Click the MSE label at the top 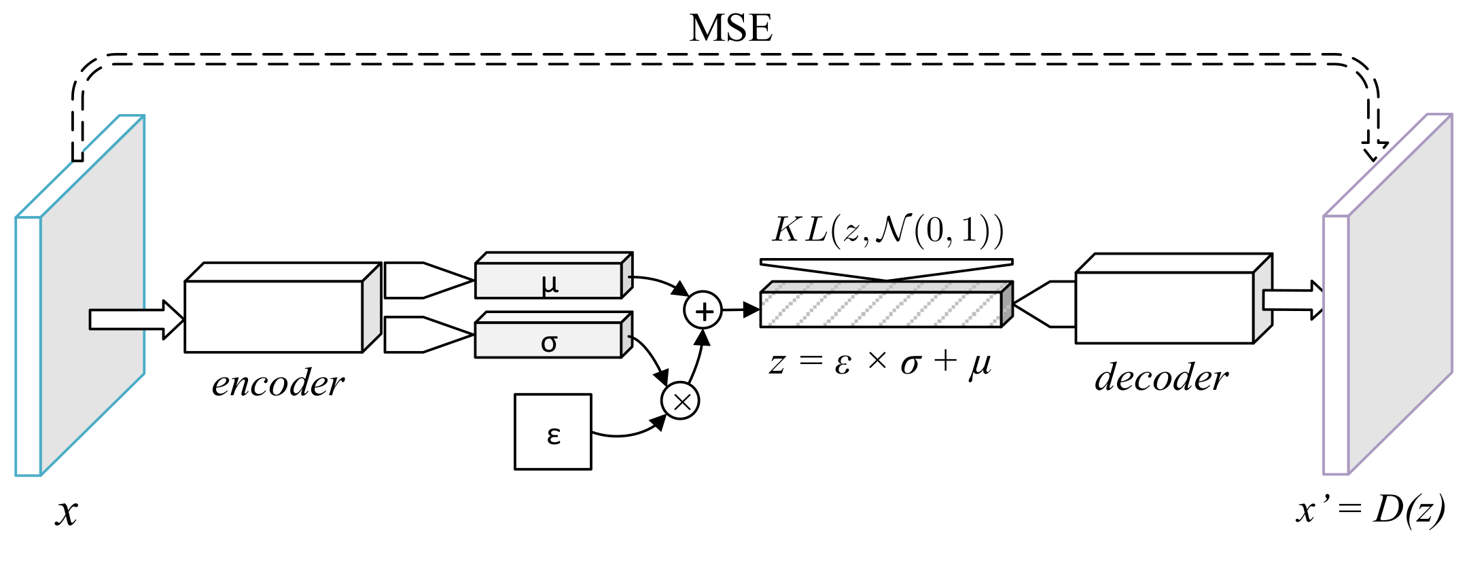pos(730,29)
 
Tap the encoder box pos(274,316)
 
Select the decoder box pos(1164,307)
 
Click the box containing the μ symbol pos(549,280)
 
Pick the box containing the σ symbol pos(549,341)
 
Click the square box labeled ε pos(552,432)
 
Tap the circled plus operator pos(703,311)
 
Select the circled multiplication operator pos(680,401)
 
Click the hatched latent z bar pos(881,309)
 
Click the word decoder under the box pos(1161,378)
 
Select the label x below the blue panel pos(66,512)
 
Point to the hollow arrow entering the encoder pos(136,319)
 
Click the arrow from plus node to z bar pos(741,310)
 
